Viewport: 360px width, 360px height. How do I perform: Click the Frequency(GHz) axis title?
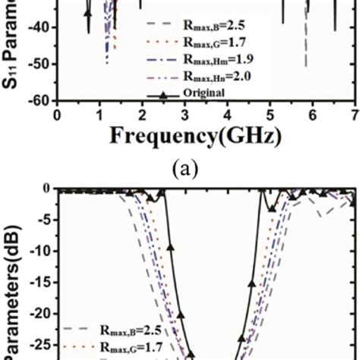click(x=196, y=138)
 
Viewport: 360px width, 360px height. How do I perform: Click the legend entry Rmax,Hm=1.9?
click(x=210, y=59)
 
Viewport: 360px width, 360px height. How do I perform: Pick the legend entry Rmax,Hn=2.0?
click(x=210, y=76)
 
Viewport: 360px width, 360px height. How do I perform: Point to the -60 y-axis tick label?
click(x=37, y=100)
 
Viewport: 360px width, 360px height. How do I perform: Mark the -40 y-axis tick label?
click(x=37, y=27)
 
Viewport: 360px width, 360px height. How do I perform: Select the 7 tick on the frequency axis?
click(x=355, y=114)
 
